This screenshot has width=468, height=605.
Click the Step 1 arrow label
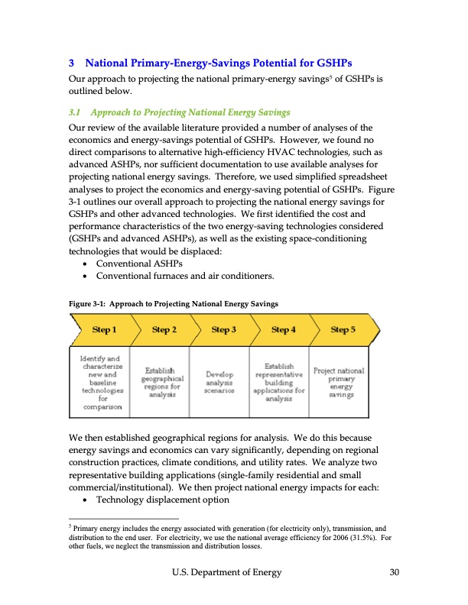tap(104, 330)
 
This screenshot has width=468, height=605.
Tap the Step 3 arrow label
tap(223, 330)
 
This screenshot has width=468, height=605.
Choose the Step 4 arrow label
tap(283, 330)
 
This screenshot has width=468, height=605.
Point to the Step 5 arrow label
tap(343, 330)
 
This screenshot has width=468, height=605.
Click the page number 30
tap(394, 573)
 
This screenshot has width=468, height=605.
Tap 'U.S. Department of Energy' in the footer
tap(227, 573)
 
